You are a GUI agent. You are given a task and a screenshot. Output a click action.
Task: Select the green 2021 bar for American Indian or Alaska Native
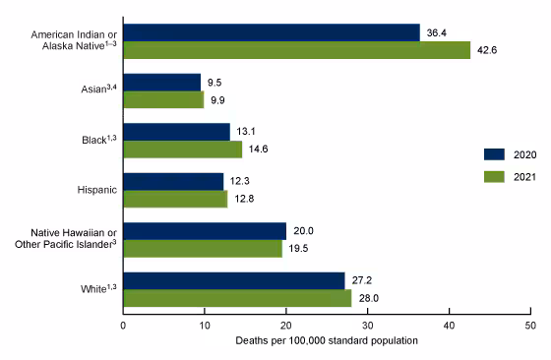(296, 50)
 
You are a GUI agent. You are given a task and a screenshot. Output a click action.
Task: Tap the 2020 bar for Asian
(162, 82)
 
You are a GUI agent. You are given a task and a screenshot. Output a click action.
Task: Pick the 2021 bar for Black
(182, 149)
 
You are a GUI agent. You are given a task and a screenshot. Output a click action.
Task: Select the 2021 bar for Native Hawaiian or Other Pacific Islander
(203, 248)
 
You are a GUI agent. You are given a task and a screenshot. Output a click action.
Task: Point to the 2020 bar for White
(234, 280)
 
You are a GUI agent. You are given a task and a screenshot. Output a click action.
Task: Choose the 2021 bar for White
(237, 298)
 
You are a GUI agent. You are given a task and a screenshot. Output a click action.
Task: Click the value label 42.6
(487, 51)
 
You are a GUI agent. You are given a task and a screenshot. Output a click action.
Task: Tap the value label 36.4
(436, 32)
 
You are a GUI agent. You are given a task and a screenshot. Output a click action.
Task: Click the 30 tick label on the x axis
(367, 324)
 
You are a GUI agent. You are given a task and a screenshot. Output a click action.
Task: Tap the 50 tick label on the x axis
(529, 324)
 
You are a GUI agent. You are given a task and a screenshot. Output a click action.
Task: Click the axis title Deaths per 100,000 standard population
(327, 339)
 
